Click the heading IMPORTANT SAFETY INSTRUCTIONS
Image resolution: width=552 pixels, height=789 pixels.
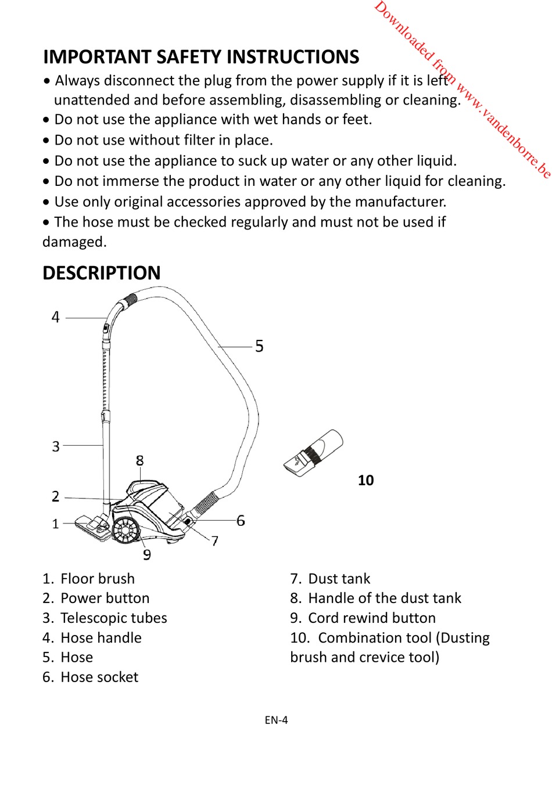201,57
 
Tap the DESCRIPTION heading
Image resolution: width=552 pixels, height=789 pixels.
102,273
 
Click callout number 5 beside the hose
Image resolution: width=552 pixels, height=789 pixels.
259,346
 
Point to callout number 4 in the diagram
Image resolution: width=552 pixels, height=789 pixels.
56,317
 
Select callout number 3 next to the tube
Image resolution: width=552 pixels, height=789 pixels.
56,446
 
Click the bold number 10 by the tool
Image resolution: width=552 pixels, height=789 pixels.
365,480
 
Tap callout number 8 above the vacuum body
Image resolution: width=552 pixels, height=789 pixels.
139,461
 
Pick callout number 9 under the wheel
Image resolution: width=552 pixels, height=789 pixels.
147,555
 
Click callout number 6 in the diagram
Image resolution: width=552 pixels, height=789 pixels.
241,521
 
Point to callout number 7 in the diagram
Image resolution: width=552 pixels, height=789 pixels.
215,541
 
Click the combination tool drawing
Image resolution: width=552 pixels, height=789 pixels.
314,454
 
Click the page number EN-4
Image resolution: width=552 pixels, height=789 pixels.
276,720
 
